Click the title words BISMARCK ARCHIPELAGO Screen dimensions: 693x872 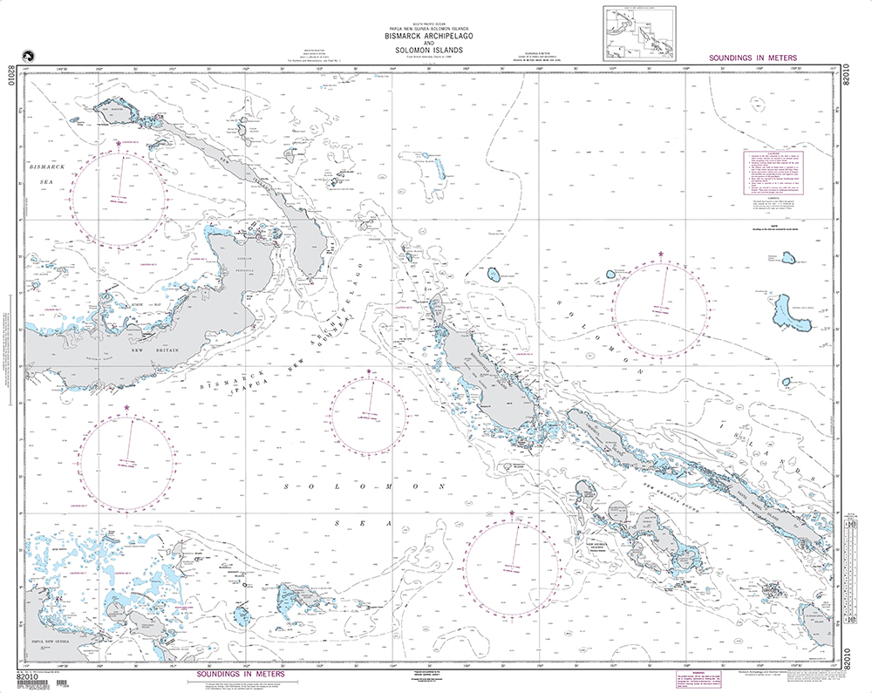point(422,37)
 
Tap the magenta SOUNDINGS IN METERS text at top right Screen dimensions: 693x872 point(753,58)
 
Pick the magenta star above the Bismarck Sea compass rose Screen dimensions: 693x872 point(119,143)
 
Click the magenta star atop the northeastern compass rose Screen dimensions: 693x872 point(662,254)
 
